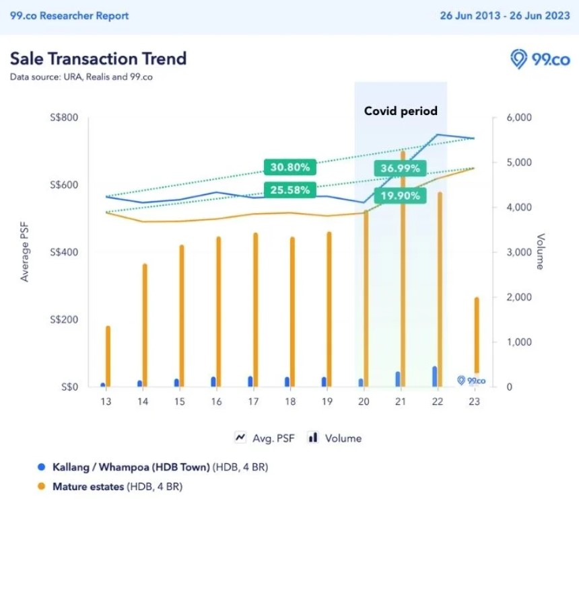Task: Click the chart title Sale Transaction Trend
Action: point(98,58)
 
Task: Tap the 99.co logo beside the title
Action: point(540,59)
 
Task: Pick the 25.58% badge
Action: point(290,190)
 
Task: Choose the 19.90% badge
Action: point(400,196)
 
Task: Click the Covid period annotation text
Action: point(401,111)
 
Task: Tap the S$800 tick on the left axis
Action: point(65,118)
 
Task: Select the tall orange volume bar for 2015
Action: point(181,316)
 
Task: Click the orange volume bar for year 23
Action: point(477,336)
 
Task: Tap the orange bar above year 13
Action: point(108,356)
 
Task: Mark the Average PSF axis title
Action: point(25,252)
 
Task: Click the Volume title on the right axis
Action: point(540,252)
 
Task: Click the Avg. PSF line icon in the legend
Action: point(240,438)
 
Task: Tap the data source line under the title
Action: point(81,77)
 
